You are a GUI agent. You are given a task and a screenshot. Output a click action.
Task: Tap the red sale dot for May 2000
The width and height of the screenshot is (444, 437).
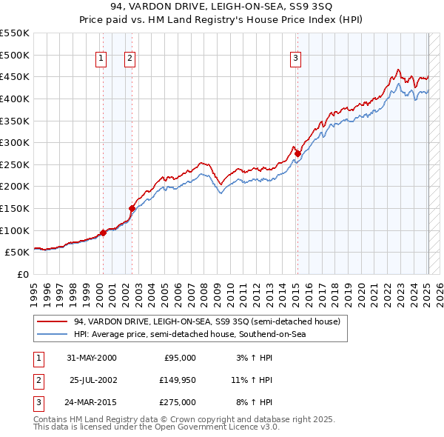[x=104, y=233]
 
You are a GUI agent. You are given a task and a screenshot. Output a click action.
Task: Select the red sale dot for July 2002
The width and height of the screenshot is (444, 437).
[x=132, y=208]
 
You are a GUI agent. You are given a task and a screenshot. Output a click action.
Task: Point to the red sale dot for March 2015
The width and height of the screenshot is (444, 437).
[x=297, y=153]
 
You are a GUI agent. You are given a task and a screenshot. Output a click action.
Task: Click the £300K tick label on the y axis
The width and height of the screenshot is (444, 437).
[x=15, y=142]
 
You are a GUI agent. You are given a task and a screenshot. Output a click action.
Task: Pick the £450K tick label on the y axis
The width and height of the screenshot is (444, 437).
[x=15, y=76]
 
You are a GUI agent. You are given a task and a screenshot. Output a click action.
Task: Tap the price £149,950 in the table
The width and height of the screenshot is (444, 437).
[x=178, y=380]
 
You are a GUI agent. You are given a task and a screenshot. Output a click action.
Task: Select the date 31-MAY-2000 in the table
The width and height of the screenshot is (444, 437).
[x=91, y=358]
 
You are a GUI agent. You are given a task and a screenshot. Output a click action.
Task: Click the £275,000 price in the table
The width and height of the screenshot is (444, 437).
[x=178, y=402]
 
